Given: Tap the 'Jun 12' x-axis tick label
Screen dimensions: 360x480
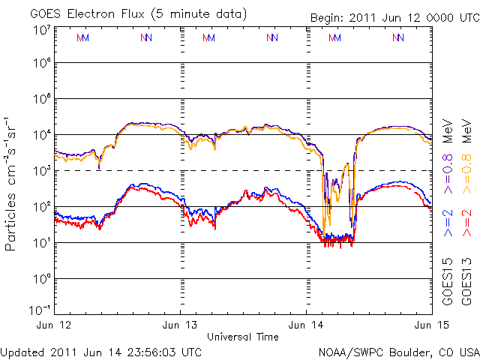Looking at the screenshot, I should pyautogui.click(x=54, y=325).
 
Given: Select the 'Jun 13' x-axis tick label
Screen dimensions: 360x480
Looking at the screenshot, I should pyautogui.click(x=181, y=325).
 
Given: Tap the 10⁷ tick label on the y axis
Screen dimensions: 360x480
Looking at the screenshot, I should pyautogui.click(x=41, y=30).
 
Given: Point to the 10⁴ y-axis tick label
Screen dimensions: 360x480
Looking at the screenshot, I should pyautogui.click(x=41, y=134).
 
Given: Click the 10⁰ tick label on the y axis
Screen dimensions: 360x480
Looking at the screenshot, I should pyautogui.click(x=41, y=278).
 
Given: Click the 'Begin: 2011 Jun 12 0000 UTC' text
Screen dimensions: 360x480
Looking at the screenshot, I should pyautogui.click(x=395, y=16).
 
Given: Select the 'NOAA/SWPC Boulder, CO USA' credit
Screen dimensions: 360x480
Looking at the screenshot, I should pyautogui.click(x=398, y=351).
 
